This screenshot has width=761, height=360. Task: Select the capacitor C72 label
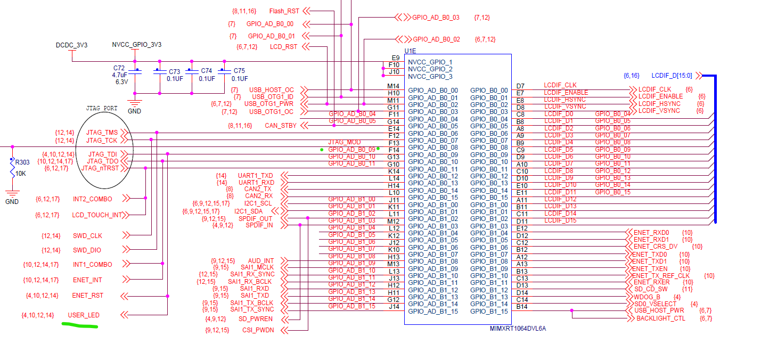pyautogui.click(x=119, y=69)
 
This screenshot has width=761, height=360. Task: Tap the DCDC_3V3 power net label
pyautogui.click(x=71, y=45)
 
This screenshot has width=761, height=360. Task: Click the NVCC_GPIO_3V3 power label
pyautogui.click(x=136, y=45)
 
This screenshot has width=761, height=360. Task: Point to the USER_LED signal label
pyautogui.click(x=84, y=315)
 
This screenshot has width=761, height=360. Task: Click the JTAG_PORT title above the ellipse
pyautogui.click(x=102, y=108)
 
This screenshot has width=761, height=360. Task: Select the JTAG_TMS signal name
pyautogui.click(x=102, y=133)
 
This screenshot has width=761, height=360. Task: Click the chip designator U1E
pyautogui.click(x=410, y=51)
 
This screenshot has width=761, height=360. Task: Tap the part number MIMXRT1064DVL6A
pyautogui.click(x=518, y=329)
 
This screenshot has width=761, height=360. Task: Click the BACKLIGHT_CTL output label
pyautogui.click(x=661, y=318)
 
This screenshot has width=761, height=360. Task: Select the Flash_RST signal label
pyautogui.click(x=284, y=11)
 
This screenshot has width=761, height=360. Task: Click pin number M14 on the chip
pyautogui.click(x=393, y=86)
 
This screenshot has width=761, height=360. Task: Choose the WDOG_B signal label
pyautogui.click(x=647, y=297)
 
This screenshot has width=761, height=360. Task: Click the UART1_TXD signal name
pyautogui.click(x=255, y=175)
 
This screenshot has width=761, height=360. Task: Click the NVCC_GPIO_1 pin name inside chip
pyautogui.click(x=430, y=62)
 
